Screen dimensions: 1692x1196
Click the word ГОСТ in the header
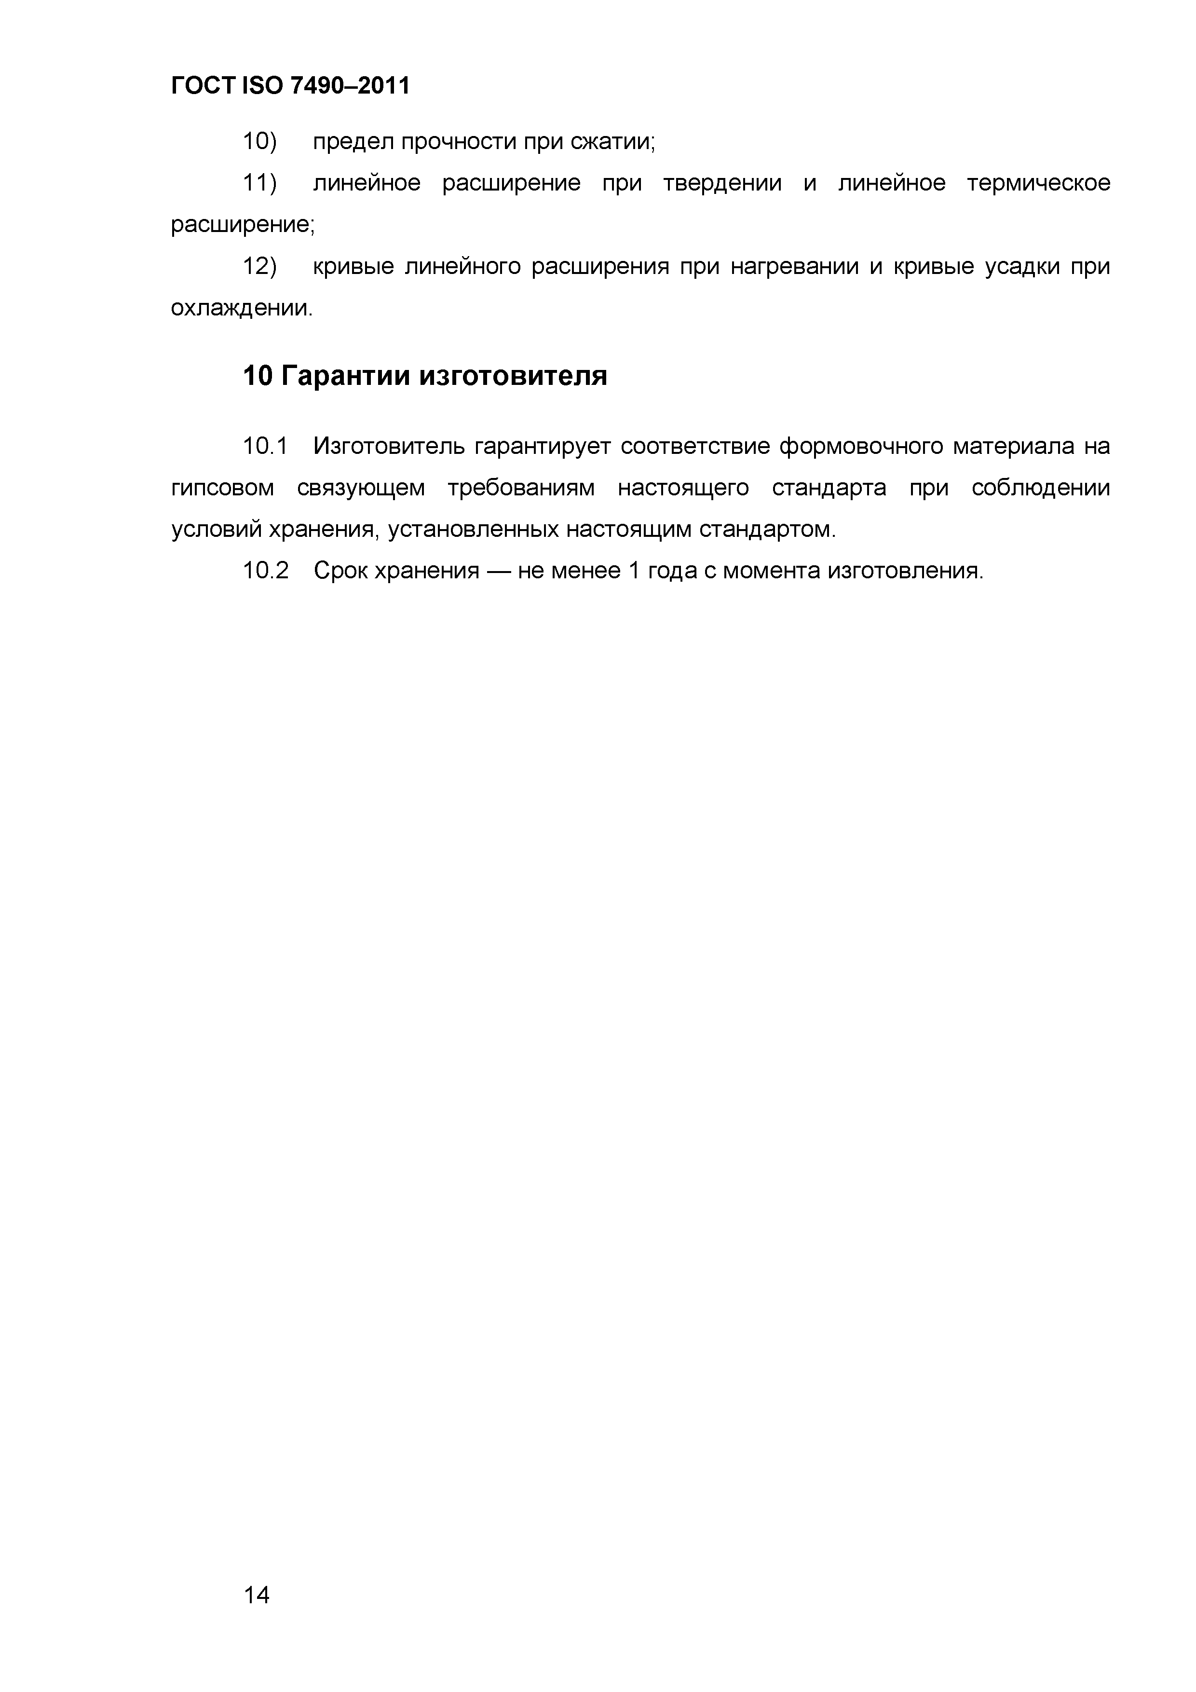point(203,87)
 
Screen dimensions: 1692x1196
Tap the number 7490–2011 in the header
point(350,87)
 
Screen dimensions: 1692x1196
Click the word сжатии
point(612,141)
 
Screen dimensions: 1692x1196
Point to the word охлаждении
point(241,308)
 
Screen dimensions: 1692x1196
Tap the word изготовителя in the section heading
point(514,376)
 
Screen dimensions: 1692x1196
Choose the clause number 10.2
point(265,571)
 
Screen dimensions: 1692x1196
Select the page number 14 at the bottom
point(257,1596)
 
